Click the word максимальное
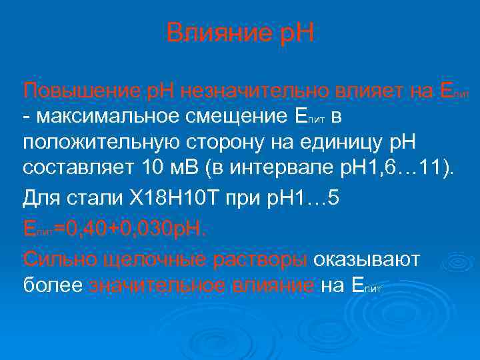click(x=117, y=117)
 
